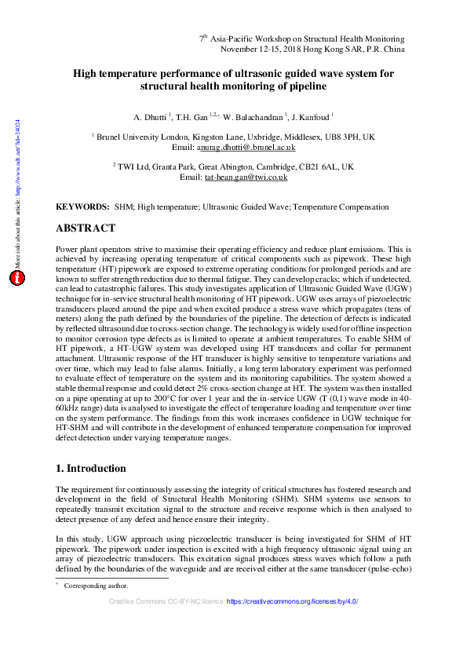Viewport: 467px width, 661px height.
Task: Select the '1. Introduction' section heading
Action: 91,469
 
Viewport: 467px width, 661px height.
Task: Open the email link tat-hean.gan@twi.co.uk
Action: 246,177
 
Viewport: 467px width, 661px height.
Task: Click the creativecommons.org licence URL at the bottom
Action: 293,601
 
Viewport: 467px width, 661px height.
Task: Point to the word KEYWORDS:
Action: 82,206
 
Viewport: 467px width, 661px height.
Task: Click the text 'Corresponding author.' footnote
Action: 97,586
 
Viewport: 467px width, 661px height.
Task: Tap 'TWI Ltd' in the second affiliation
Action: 133,167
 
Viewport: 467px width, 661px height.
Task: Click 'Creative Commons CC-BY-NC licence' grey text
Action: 166,601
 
